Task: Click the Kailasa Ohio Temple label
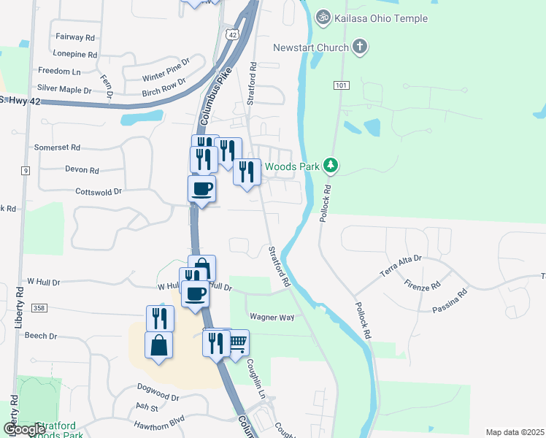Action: point(381,18)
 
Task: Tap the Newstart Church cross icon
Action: point(359,48)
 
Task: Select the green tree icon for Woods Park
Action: point(331,166)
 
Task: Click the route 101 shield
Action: point(341,85)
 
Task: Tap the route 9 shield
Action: point(26,171)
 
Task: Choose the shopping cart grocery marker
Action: point(238,342)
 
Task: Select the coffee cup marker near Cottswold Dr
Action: point(202,188)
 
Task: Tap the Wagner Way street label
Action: point(272,318)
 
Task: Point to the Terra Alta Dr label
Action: point(401,264)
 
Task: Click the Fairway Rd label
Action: point(75,36)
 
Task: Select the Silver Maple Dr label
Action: point(64,89)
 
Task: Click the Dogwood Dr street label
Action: point(158,397)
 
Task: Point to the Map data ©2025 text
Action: point(515,432)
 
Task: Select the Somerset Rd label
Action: point(57,147)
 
